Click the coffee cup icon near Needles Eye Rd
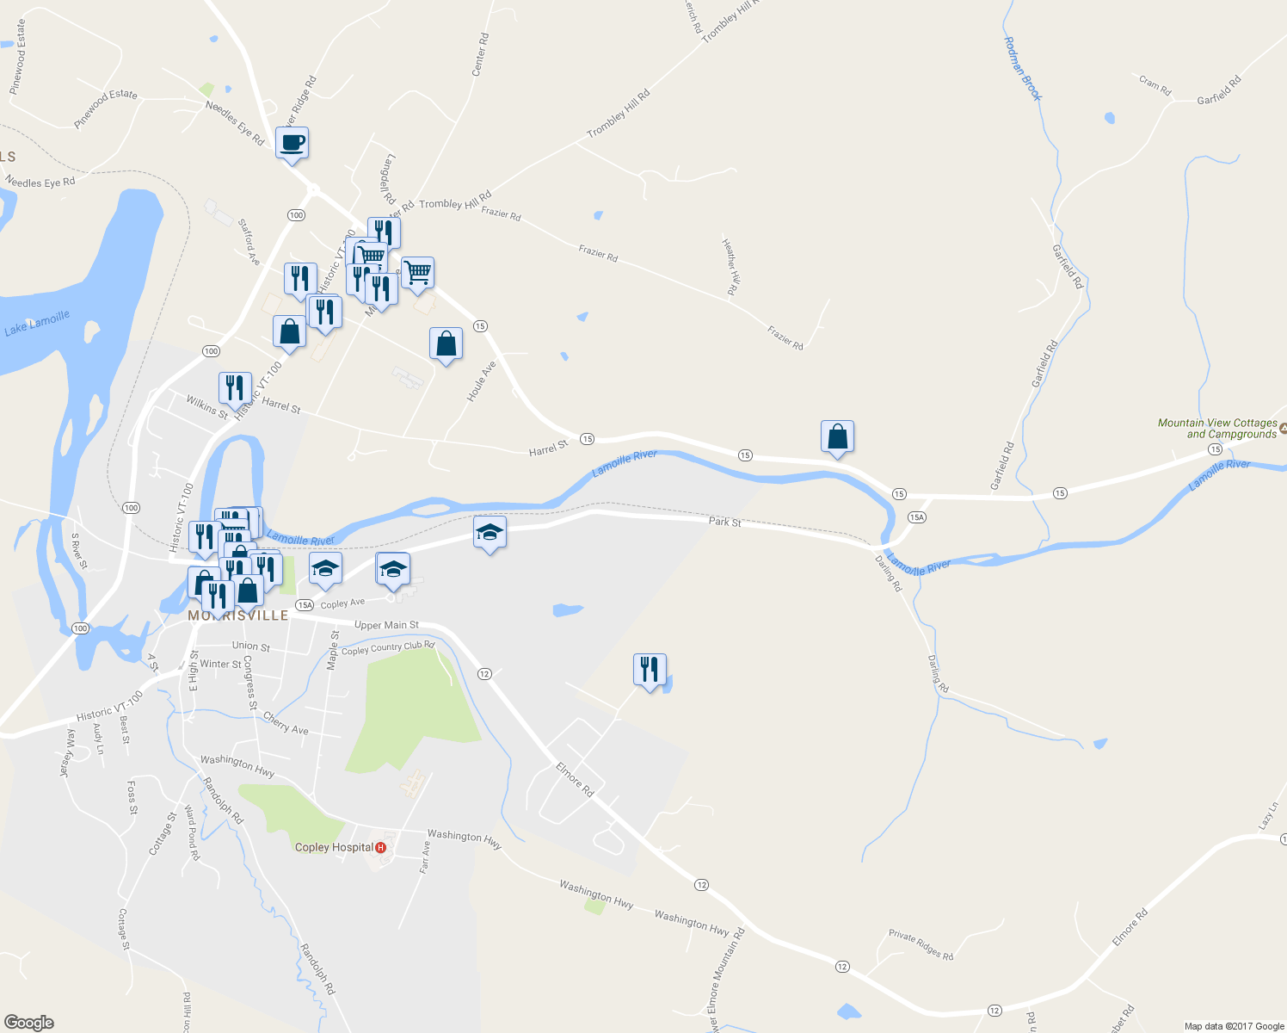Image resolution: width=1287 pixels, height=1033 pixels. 292,143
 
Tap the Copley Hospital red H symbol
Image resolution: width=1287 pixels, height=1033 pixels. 381,847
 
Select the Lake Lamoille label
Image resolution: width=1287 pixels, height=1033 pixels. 37,324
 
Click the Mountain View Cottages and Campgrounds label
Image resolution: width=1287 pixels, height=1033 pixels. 1216,429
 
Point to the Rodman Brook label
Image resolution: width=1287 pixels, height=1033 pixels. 1023,68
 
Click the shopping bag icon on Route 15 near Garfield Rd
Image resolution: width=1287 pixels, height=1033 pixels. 837,437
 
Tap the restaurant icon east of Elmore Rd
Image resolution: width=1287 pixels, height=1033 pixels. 650,670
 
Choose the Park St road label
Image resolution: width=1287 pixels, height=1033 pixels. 724,522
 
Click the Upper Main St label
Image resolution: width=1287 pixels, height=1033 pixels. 386,625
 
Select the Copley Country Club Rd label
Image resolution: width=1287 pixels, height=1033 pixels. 388,647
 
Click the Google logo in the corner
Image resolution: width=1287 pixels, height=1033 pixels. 29,1022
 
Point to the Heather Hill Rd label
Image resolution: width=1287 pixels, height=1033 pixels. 730,267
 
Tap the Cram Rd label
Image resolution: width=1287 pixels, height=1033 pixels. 1155,85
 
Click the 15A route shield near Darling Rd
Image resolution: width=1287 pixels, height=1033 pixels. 916,516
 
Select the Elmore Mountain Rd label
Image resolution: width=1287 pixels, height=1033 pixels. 725,978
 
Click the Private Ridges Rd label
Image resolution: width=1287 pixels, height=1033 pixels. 921,945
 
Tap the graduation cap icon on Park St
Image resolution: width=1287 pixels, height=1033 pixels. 490,533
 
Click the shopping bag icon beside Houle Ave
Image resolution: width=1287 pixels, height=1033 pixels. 446,343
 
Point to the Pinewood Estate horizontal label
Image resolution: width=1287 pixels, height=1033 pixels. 105,109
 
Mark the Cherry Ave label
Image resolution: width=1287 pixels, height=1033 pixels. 286,723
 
